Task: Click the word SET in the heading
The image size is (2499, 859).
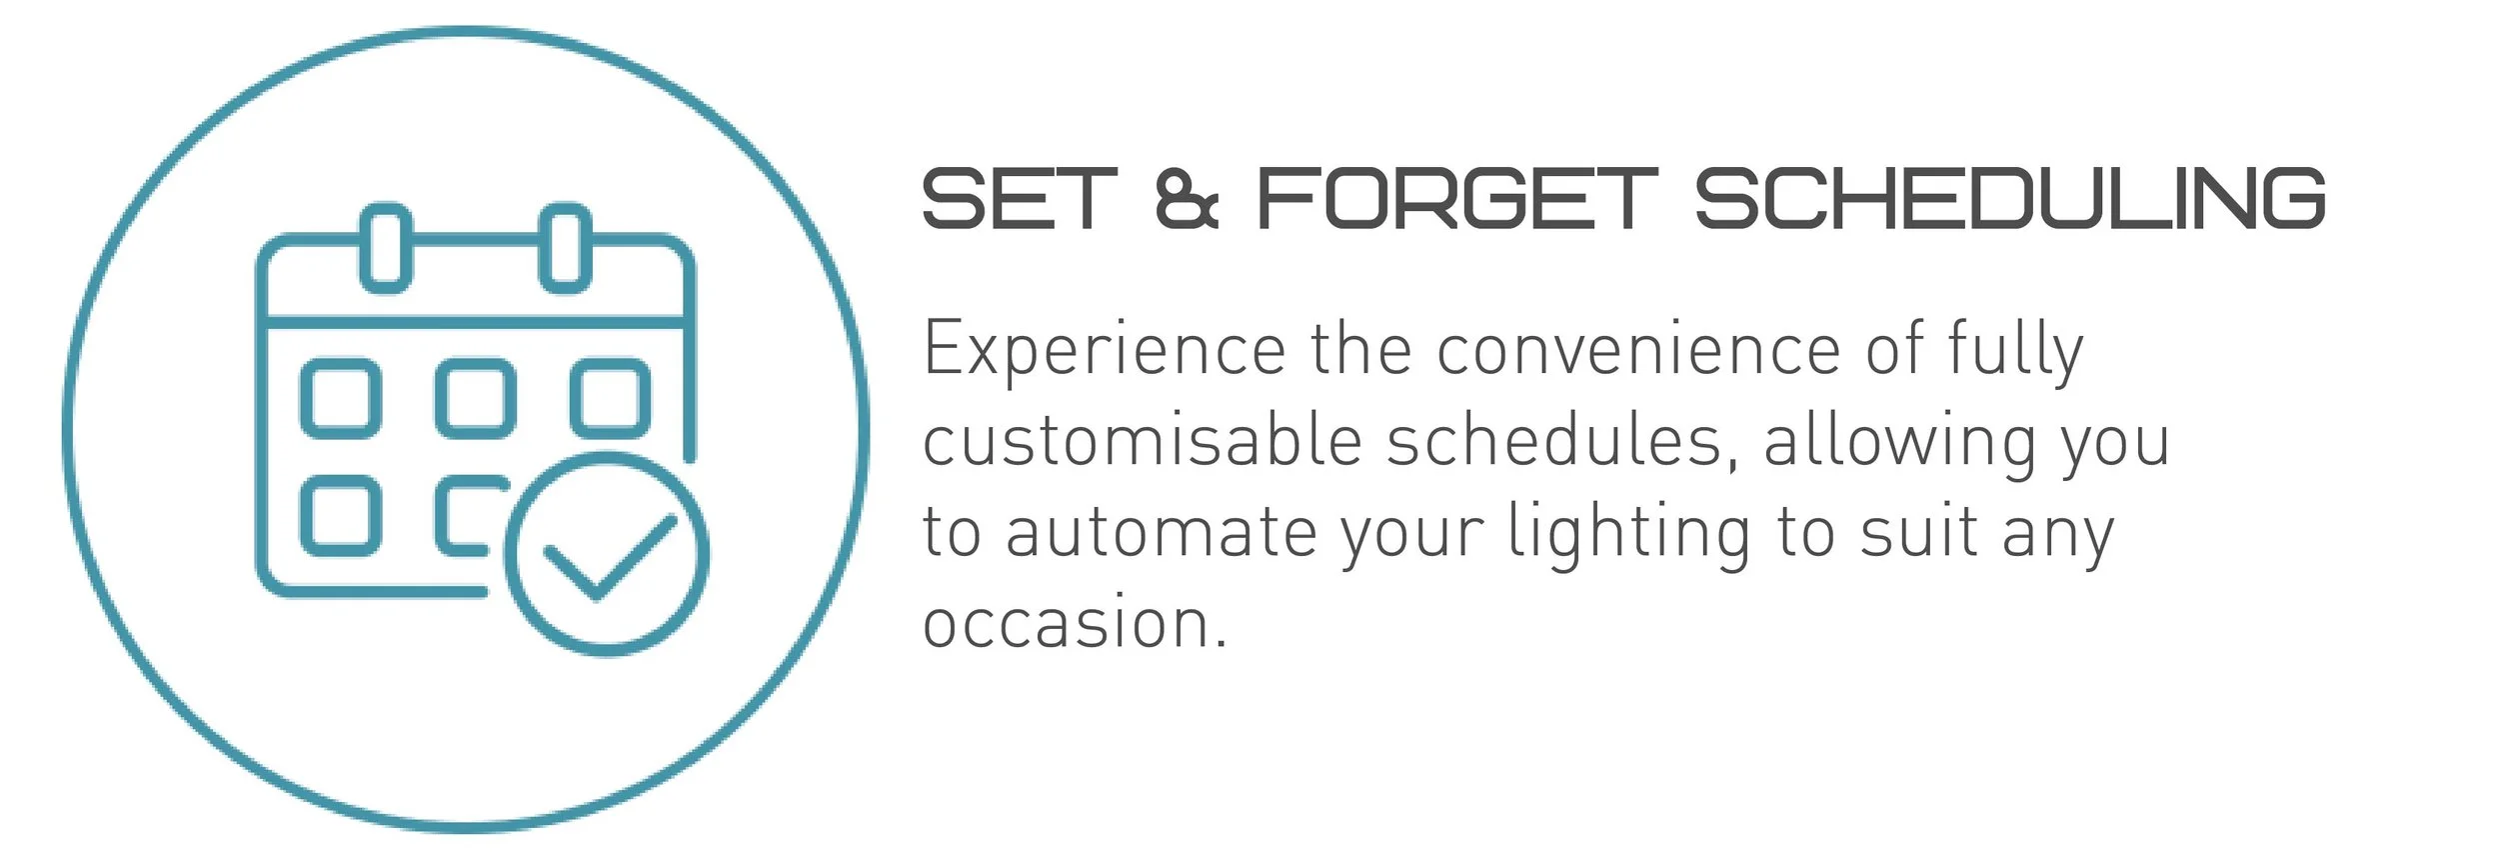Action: point(1019,198)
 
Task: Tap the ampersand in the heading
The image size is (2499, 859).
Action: point(1187,199)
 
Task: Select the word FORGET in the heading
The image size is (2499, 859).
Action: point(1456,198)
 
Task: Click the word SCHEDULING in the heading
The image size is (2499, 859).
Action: point(2010,198)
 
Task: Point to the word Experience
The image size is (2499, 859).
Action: point(1104,351)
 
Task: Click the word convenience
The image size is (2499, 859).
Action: point(1638,351)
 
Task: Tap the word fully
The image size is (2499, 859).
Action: point(2014,351)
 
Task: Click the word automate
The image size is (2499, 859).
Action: point(1159,532)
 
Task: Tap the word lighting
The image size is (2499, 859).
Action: point(1629,532)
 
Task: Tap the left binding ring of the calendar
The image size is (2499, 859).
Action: point(385,247)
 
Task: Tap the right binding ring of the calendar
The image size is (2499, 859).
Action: point(565,247)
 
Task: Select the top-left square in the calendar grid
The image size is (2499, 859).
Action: point(341,398)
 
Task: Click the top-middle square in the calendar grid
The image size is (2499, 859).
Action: point(476,398)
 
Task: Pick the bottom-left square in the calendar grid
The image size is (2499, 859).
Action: point(341,515)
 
